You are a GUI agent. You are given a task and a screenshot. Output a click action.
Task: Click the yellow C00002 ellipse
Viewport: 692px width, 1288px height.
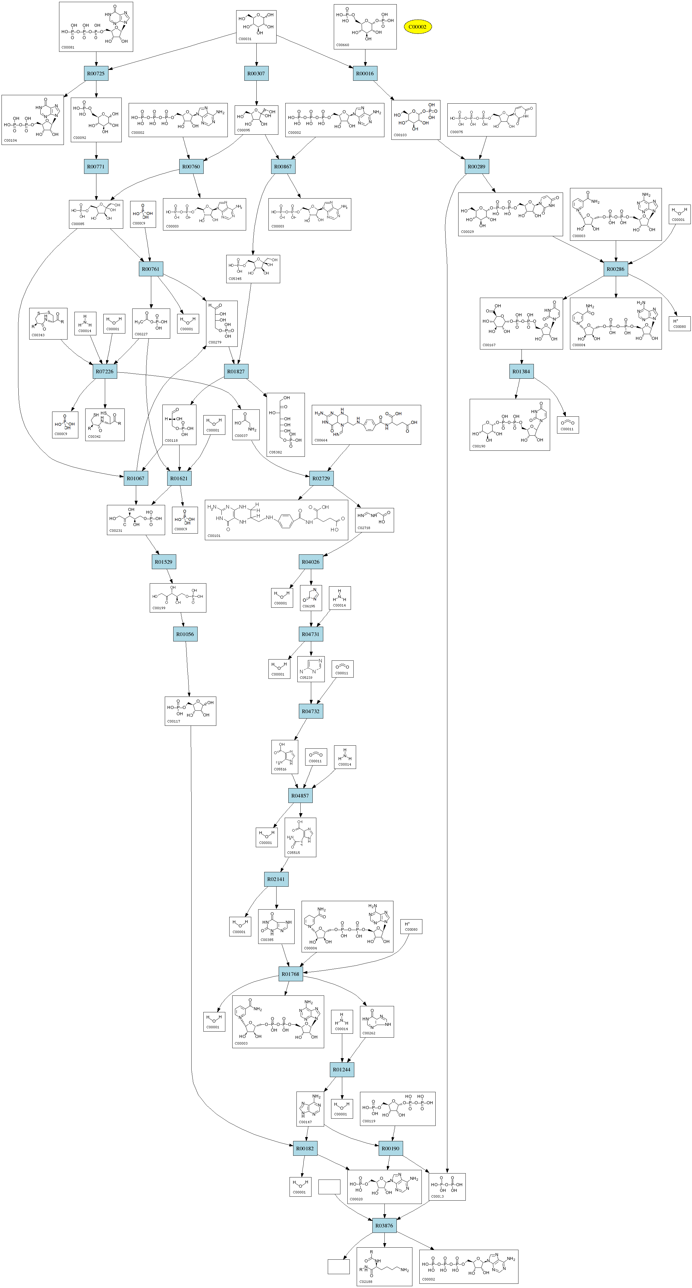(418, 27)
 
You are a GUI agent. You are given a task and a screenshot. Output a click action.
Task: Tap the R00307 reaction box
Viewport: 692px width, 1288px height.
(256, 74)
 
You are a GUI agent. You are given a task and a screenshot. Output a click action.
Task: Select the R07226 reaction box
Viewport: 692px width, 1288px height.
(105, 371)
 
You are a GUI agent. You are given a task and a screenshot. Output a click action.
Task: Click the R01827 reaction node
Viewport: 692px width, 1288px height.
(236, 371)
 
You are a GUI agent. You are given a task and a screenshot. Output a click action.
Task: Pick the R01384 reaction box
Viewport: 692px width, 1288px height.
(521, 371)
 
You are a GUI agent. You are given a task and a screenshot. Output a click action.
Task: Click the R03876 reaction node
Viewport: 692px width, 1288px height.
(384, 1226)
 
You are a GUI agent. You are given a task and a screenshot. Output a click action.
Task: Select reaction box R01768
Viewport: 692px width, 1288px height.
(290, 974)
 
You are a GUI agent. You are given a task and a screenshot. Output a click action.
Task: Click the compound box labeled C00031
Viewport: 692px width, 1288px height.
(256, 27)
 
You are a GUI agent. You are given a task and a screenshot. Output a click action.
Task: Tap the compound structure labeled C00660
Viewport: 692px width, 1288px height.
(365, 27)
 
